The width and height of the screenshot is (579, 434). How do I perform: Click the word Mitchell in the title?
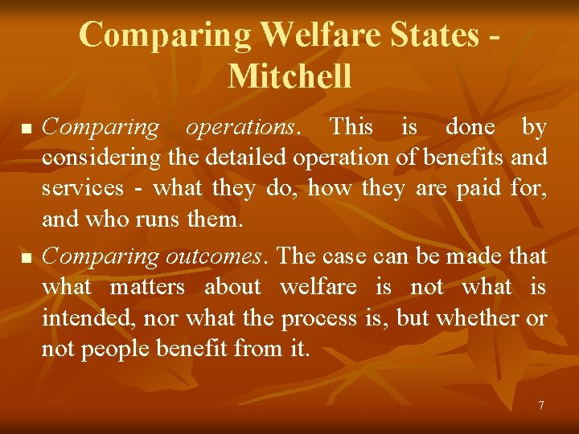289,76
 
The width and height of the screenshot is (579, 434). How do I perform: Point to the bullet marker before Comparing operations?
27,129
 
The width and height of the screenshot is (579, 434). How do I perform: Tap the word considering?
91,158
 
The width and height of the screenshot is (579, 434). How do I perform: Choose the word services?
83,188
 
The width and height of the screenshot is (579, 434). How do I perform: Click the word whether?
479,318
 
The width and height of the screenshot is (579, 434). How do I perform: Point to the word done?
470,127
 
